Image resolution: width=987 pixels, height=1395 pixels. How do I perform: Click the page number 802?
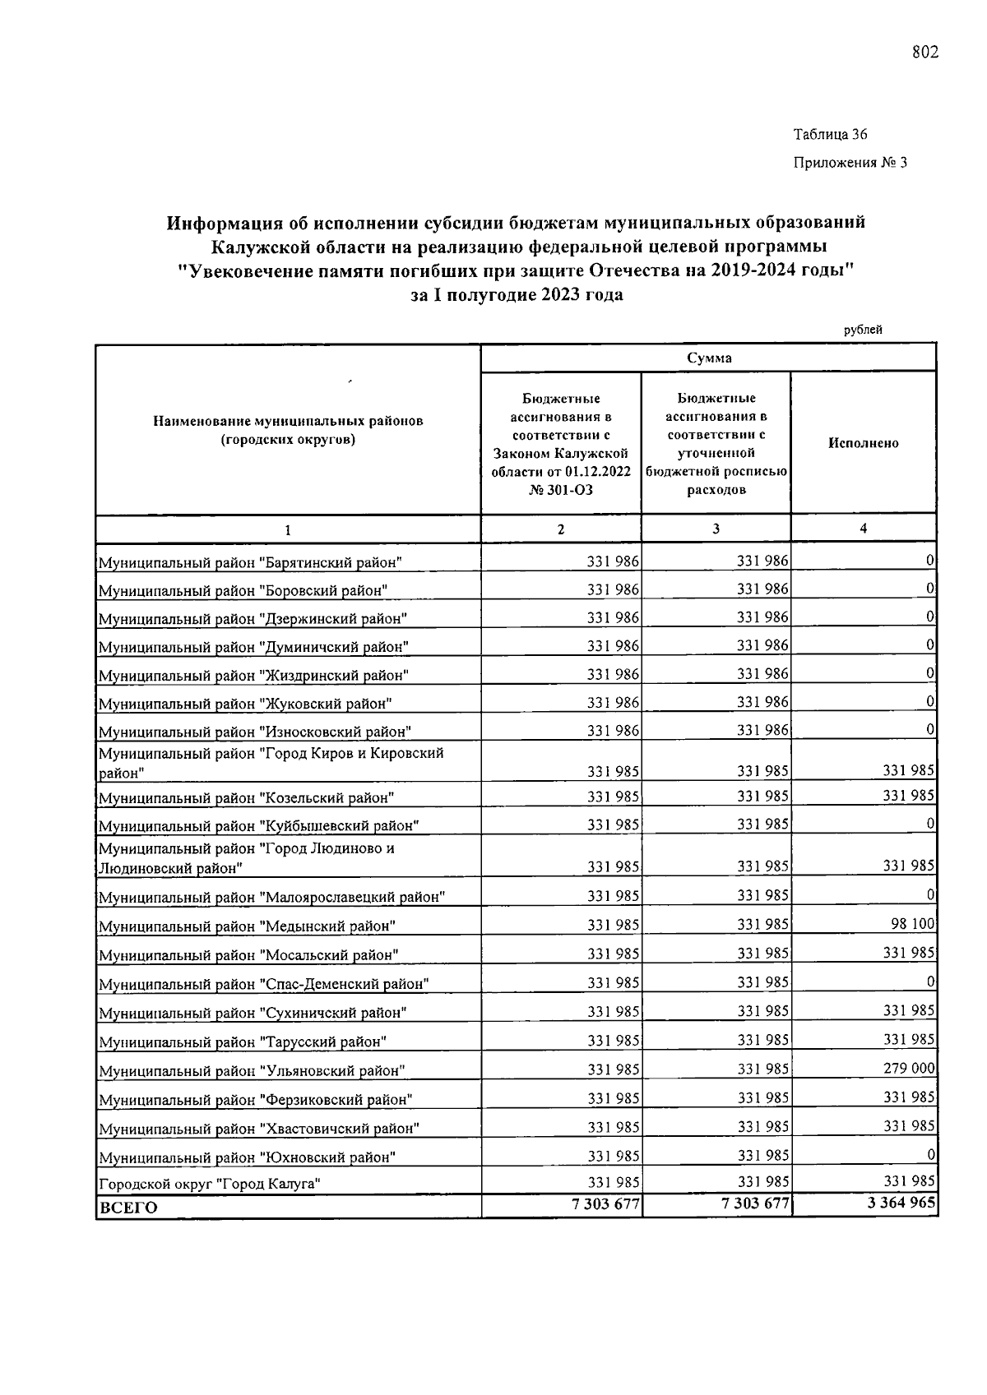[924, 53]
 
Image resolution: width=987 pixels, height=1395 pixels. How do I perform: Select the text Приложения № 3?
[850, 163]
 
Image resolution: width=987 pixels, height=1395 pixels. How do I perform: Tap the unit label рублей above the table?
[863, 330]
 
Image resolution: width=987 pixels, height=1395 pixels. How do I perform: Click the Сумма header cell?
[708, 358]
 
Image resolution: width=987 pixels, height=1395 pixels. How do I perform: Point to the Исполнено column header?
[863, 443]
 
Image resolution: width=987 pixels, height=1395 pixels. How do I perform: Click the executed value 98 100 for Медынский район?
[913, 924]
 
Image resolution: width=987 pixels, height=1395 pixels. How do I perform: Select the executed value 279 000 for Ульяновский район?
[909, 1069]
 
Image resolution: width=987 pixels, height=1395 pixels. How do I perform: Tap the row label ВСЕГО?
[127, 1208]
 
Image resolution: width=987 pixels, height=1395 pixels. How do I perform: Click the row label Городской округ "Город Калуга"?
[209, 1185]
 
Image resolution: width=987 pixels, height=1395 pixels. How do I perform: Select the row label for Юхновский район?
[247, 1157]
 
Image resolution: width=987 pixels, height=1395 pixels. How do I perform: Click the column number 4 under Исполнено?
[863, 529]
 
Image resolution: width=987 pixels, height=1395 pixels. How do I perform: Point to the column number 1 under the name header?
[288, 530]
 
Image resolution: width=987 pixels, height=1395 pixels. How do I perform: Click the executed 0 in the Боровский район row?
[929, 589]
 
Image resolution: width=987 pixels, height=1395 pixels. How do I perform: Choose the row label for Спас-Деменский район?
[263, 984]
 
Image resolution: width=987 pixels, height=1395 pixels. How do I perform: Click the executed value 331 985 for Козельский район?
[909, 795]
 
